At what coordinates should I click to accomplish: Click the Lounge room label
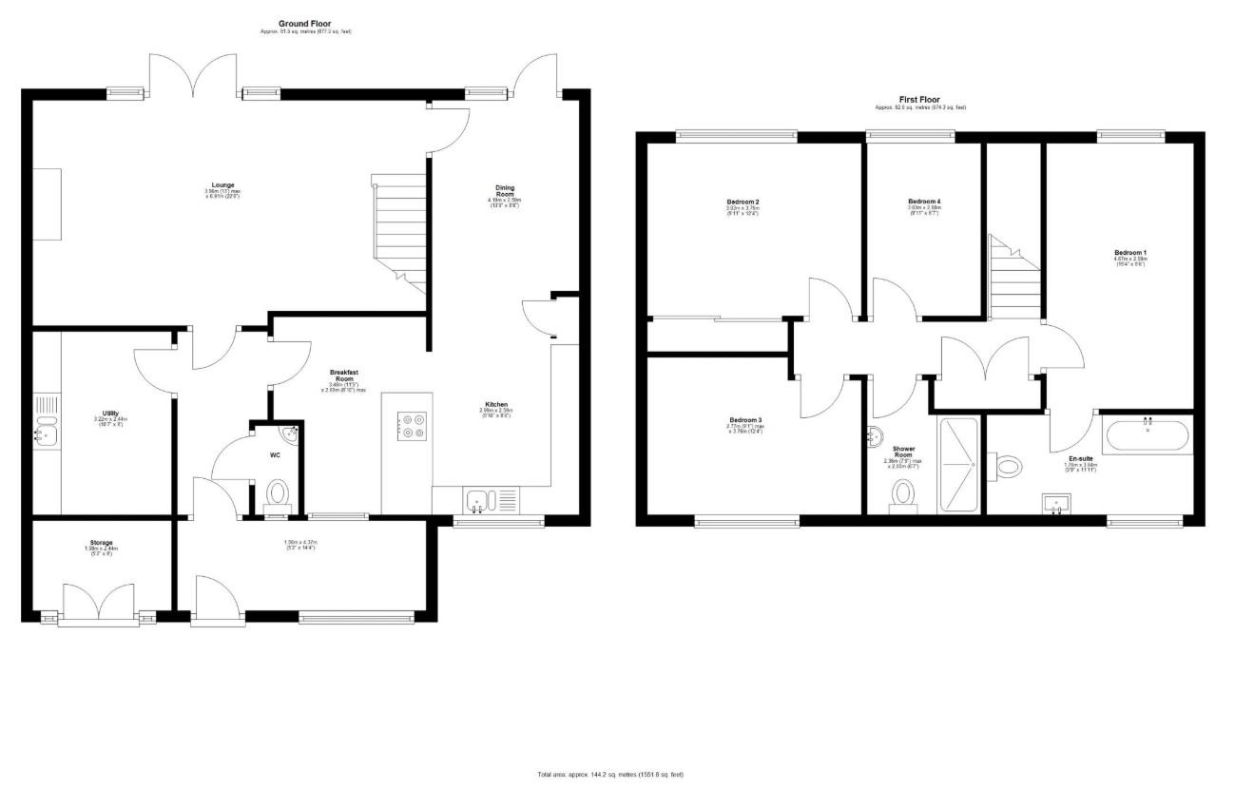tap(223, 185)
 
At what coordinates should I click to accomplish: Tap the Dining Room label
tap(505, 191)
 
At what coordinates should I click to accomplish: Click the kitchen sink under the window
tap(476, 499)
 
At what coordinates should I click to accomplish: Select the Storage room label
tap(102, 543)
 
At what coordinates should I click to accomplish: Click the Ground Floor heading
tap(305, 24)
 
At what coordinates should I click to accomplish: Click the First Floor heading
tap(919, 100)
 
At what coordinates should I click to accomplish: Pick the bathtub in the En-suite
tap(1147, 435)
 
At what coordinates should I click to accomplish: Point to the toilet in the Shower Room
tap(902, 493)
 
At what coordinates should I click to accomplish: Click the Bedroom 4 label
tap(924, 202)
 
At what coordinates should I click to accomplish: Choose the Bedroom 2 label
tap(743, 202)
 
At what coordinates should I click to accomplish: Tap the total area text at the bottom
tap(609, 775)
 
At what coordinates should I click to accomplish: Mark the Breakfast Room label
tap(343, 375)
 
